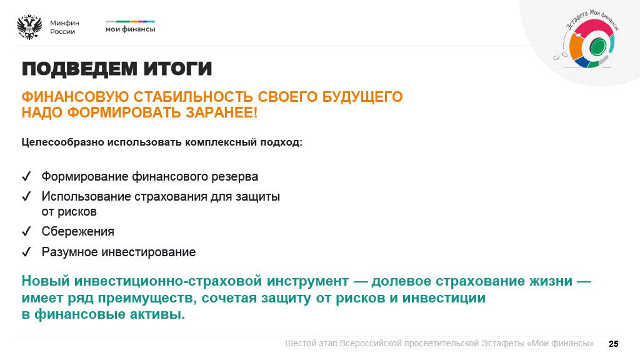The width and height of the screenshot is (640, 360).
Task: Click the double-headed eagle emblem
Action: (x=29, y=27)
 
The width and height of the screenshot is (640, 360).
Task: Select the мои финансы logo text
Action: (x=130, y=29)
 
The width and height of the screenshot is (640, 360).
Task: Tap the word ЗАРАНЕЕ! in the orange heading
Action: (x=223, y=113)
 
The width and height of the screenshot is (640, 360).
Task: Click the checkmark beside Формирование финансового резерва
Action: (x=26, y=177)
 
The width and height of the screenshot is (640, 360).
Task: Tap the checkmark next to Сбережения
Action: (x=26, y=232)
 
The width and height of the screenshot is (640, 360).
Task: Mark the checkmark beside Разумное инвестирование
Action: (x=26, y=252)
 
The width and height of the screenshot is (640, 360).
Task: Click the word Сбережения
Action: (x=77, y=232)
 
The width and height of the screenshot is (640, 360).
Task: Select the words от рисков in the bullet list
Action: (x=69, y=212)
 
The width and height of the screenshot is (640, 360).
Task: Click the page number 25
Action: (x=613, y=344)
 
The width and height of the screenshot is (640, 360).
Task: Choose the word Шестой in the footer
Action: (x=301, y=344)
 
